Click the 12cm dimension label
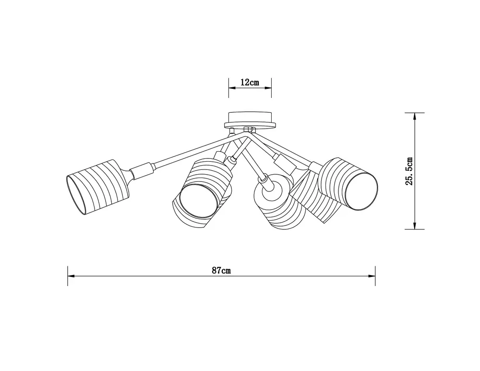click(x=250, y=83)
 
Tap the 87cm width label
click(x=221, y=270)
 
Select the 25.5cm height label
click(x=409, y=171)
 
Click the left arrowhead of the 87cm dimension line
click(x=71, y=276)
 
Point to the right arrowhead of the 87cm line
click(x=372, y=276)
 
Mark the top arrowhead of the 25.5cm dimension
click(x=415, y=116)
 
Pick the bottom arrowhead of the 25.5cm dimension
click(x=415, y=225)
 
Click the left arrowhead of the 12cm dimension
click(x=232, y=88)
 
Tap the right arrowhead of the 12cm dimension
click(x=268, y=88)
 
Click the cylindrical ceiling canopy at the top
click(x=250, y=117)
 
